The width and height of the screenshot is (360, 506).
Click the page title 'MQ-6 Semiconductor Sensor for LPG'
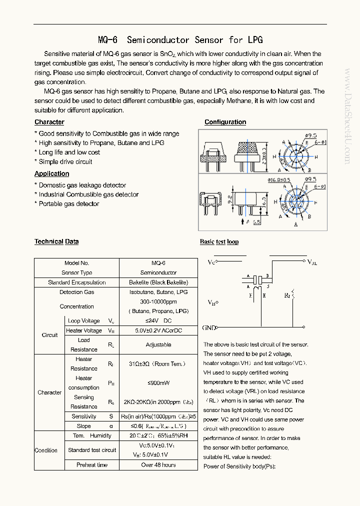click(180, 40)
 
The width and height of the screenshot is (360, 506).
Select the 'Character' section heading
click(49, 122)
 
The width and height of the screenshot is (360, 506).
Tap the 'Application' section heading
click(52, 173)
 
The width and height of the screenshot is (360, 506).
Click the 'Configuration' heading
click(225, 122)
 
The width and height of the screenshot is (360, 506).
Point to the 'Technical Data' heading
click(56, 241)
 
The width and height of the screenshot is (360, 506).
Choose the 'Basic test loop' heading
click(219, 242)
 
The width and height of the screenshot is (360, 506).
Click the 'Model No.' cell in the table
click(76, 263)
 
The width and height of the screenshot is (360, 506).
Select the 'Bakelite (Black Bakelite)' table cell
click(158, 282)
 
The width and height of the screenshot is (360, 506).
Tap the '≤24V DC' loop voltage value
click(158, 321)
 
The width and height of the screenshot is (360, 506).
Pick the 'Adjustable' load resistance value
click(158, 344)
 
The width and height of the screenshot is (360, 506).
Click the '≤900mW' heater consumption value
click(158, 383)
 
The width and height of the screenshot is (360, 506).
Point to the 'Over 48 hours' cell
click(158, 465)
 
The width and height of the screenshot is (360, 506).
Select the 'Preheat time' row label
click(92, 465)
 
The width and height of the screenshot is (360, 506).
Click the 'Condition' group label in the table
click(46, 450)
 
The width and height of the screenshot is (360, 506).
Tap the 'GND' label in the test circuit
click(209, 328)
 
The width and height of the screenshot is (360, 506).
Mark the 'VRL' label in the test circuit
click(312, 262)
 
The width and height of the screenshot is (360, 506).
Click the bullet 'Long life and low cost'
click(69, 152)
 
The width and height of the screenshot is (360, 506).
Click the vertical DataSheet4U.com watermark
click(348, 116)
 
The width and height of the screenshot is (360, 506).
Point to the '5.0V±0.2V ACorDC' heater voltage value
click(158, 330)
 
